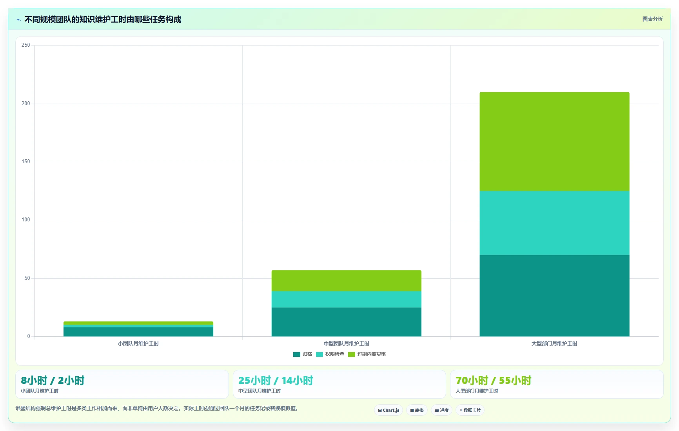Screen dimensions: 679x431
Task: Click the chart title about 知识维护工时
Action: [x=103, y=19]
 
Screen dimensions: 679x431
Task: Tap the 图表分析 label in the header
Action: [x=652, y=19]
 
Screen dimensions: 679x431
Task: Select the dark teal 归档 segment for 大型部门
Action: [x=554, y=296]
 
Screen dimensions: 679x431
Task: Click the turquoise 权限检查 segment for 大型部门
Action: [x=554, y=223]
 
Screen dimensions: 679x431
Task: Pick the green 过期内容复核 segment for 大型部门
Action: [x=554, y=141]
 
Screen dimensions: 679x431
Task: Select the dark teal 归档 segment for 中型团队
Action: [x=346, y=322]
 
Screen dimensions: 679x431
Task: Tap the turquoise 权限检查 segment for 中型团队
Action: [x=346, y=299]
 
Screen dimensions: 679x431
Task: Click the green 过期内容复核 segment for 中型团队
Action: [x=346, y=280]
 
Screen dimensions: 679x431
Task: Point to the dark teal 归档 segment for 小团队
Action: [x=138, y=332]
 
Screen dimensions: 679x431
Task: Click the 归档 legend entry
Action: [x=303, y=354]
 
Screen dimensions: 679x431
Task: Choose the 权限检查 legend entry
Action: [x=330, y=354]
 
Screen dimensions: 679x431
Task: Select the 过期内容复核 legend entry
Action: [x=367, y=354]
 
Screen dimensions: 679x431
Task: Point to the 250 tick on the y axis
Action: [x=25, y=45]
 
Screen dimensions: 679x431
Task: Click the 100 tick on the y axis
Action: [x=25, y=220]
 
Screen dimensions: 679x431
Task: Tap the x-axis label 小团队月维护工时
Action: [x=138, y=343]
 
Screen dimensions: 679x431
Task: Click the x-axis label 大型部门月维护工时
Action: [x=554, y=343]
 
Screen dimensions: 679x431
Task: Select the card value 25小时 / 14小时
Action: [x=276, y=380]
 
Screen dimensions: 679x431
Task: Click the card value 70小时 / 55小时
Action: [x=493, y=380]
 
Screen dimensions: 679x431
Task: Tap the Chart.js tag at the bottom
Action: [x=389, y=410]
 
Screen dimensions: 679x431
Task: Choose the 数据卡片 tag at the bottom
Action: [x=470, y=410]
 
